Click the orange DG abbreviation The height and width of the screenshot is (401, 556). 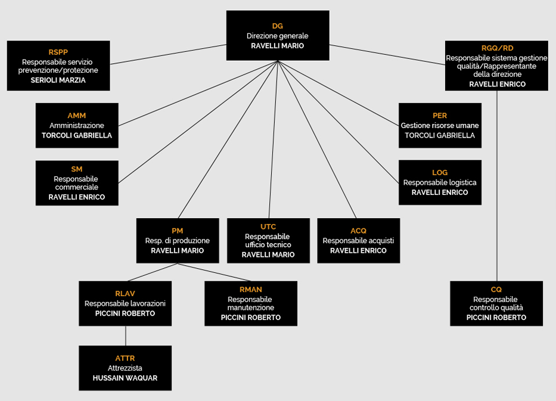point(277,26)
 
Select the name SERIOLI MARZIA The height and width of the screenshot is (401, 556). point(58,80)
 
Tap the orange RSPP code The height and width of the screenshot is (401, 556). point(58,52)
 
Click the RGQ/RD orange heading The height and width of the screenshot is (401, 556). point(497,48)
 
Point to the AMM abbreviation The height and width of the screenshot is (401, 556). point(77,116)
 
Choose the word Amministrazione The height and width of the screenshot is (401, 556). point(77,126)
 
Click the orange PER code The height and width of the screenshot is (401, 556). point(440,116)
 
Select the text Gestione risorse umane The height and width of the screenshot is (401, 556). point(440,126)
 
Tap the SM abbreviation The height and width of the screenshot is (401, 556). point(77,169)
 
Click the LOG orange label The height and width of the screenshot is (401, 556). point(440,173)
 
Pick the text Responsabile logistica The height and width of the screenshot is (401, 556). point(440,182)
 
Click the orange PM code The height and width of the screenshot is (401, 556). point(178,231)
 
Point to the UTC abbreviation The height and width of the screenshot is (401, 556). point(268,227)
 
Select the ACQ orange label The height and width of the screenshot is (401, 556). point(358,231)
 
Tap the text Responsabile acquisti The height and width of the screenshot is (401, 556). point(358,241)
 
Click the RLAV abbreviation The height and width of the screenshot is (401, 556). point(125,294)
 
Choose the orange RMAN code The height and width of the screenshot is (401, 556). point(251,290)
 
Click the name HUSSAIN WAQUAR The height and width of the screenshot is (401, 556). point(125,378)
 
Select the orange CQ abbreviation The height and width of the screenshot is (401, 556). point(496,290)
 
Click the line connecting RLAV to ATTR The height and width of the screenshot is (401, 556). point(126,336)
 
